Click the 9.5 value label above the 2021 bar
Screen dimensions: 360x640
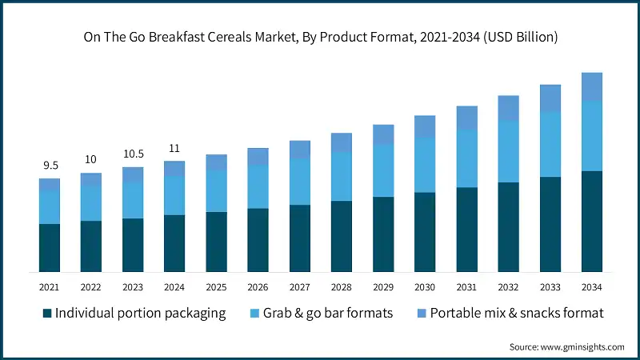click(x=50, y=166)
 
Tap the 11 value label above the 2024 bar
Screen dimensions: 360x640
click(x=174, y=148)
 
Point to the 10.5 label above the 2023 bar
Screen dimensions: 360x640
click(x=133, y=154)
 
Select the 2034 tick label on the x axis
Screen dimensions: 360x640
click(x=591, y=287)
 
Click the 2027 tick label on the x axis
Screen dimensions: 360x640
click(x=299, y=287)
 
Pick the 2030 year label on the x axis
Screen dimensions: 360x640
click(x=424, y=287)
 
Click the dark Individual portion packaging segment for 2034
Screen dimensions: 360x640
click(x=591, y=222)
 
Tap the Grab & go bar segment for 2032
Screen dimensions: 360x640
click(x=508, y=151)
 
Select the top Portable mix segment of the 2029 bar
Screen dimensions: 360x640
click(x=382, y=134)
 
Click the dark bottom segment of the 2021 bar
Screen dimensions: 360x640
click(x=50, y=248)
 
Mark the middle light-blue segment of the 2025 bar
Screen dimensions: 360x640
click(x=216, y=190)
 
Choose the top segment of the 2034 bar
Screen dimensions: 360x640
click(x=591, y=86)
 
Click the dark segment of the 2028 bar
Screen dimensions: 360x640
click(x=341, y=236)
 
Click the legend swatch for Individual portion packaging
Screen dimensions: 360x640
click(x=47, y=313)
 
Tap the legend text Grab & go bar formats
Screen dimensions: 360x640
click(x=328, y=313)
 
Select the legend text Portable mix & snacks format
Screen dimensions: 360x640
click(x=517, y=313)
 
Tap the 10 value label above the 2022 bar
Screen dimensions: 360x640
click(x=91, y=160)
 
